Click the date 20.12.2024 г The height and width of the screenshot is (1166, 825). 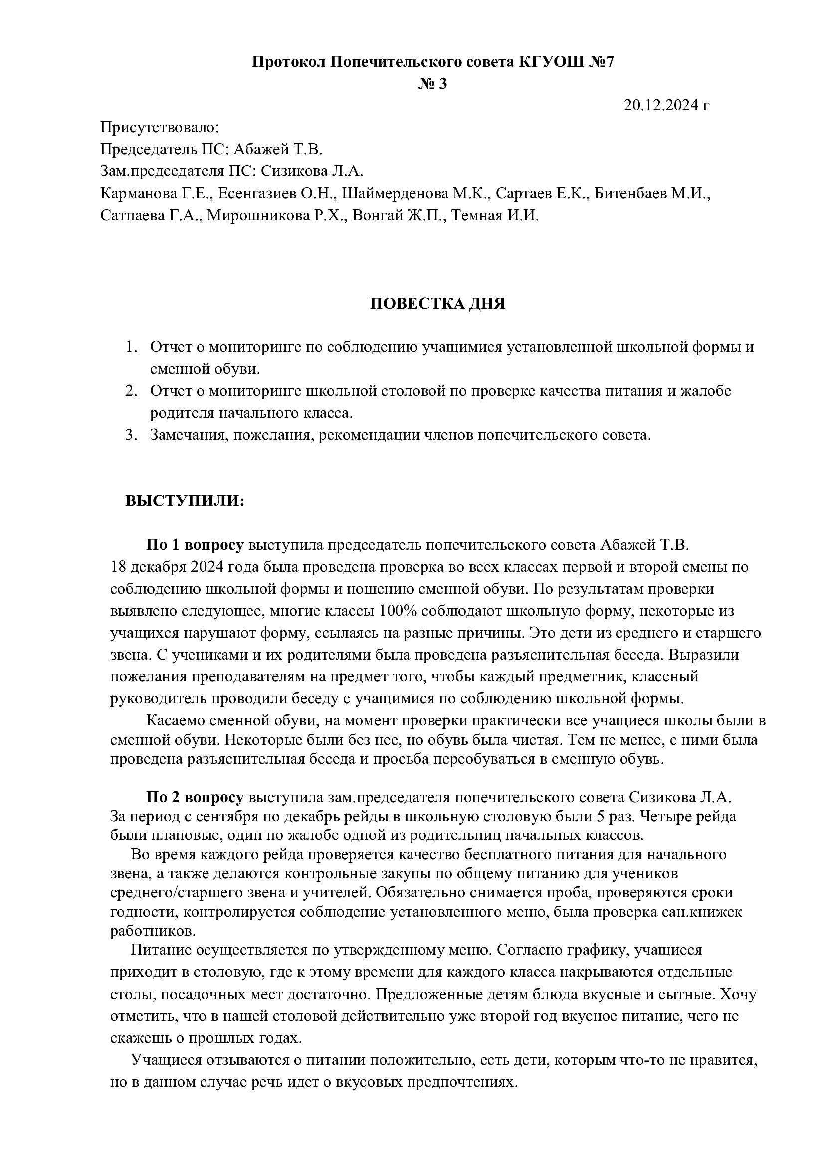click(x=666, y=105)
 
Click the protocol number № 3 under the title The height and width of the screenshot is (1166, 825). click(x=433, y=84)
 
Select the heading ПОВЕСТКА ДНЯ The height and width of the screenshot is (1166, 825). click(x=437, y=304)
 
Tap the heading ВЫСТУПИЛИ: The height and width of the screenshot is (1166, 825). click(x=185, y=500)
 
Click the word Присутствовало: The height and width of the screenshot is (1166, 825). click(x=160, y=127)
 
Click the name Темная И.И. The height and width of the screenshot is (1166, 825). click(x=495, y=215)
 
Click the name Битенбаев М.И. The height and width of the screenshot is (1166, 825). click(x=651, y=193)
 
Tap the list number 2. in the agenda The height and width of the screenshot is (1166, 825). click(x=132, y=391)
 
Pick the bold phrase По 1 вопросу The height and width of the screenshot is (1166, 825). click(x=195, y=545)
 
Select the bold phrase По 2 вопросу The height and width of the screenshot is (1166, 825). click(x=195, y=797)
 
